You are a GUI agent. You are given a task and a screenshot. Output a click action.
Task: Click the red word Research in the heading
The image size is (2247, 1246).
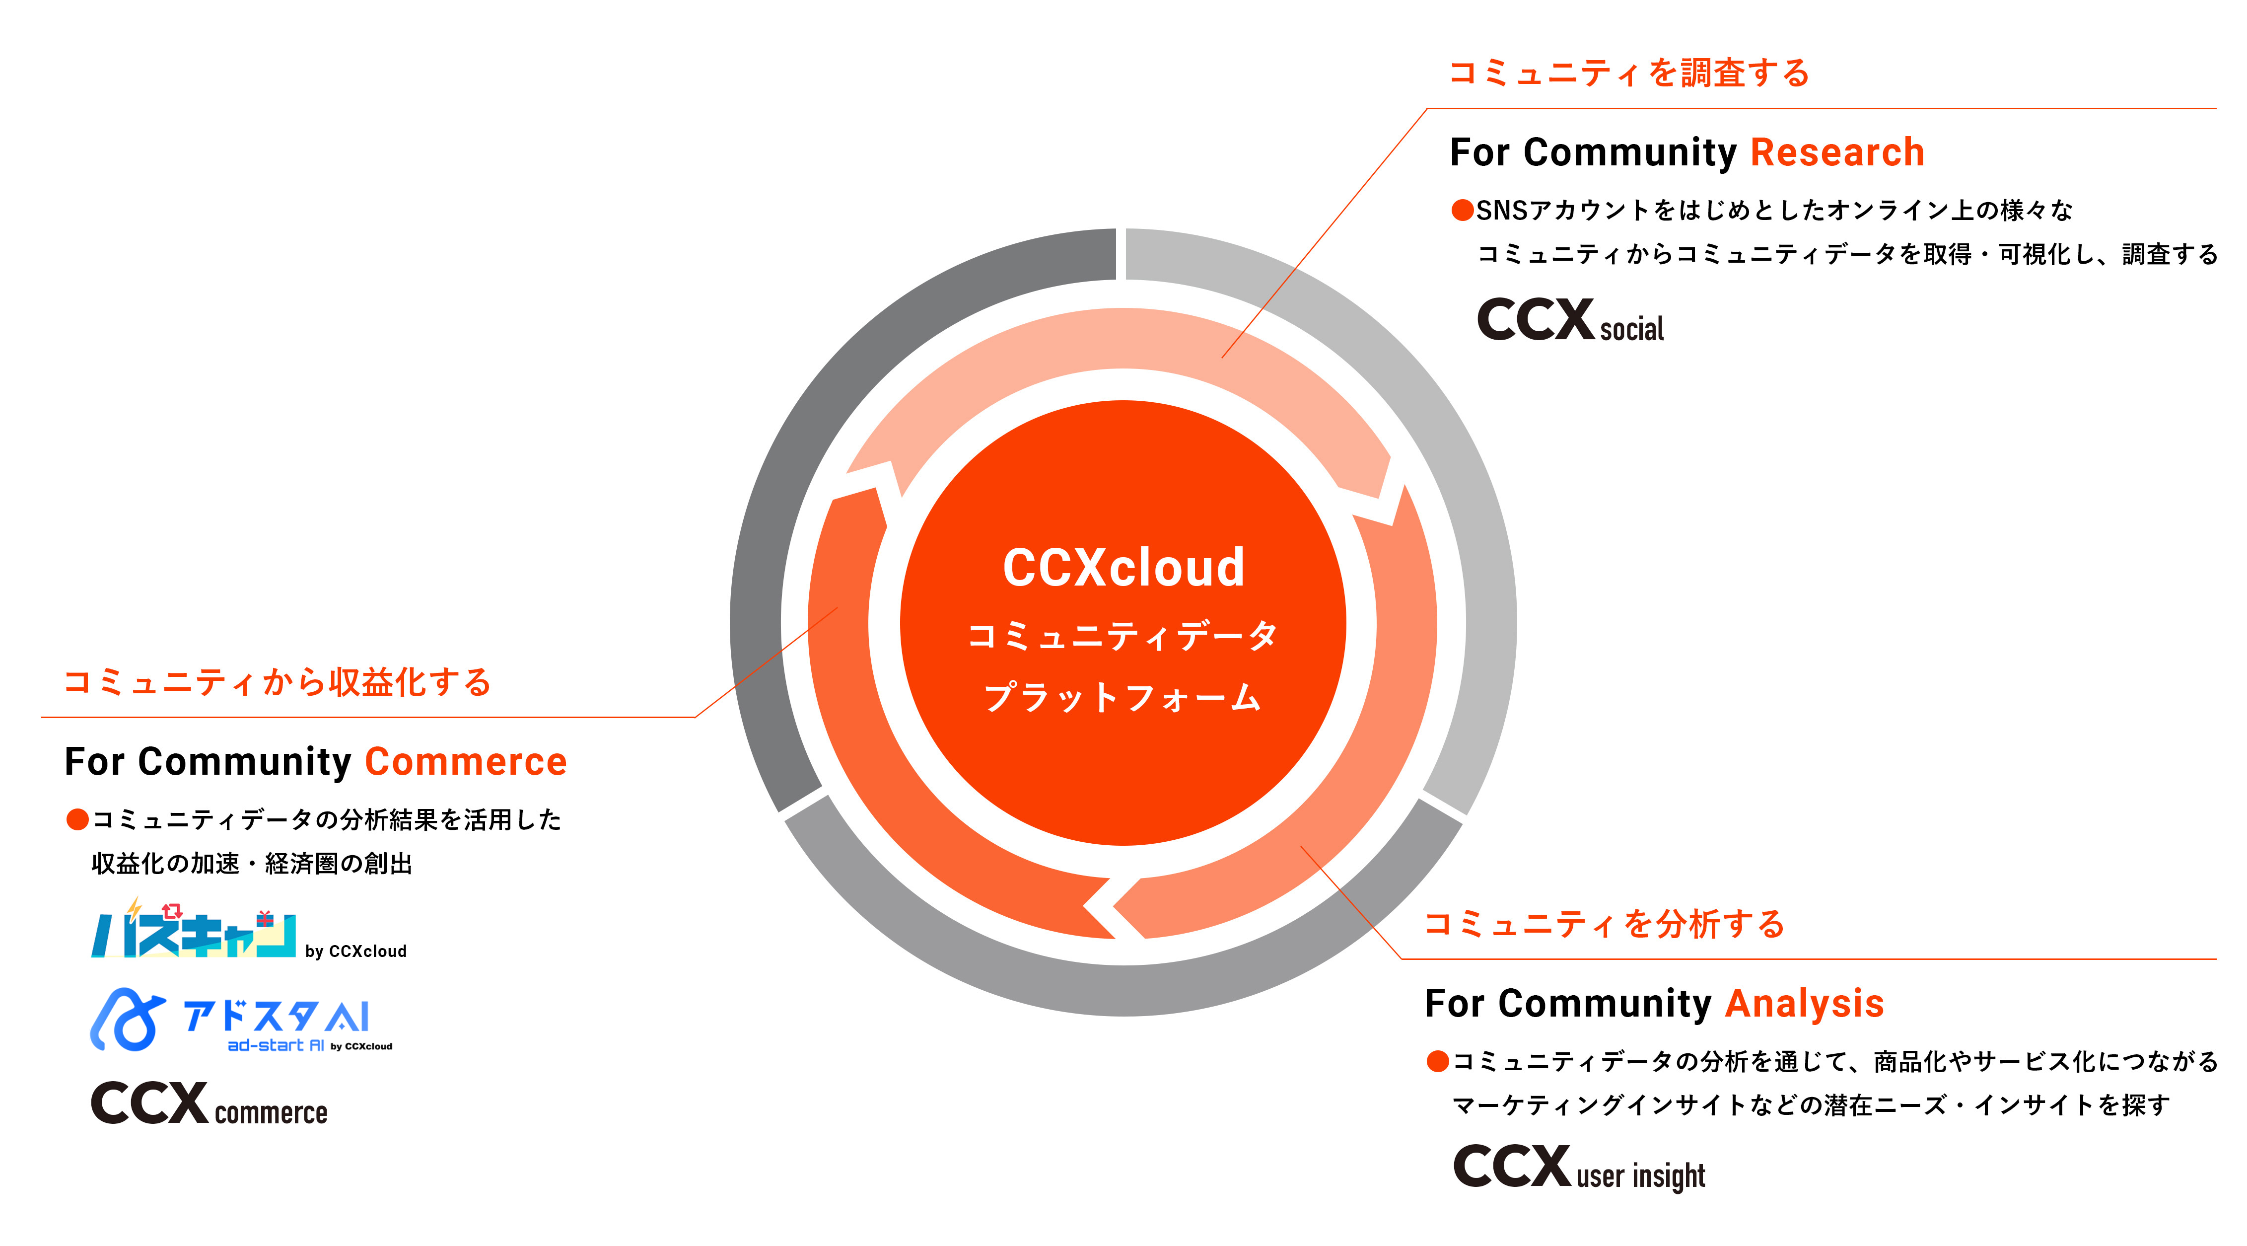click(1837, 152)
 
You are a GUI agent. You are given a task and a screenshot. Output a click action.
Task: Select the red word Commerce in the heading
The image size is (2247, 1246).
click(466, 762)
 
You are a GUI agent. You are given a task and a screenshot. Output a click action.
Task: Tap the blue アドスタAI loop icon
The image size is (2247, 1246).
click(128, 1019)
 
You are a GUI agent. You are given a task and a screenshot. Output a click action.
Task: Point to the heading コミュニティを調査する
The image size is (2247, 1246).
click(1628, 73)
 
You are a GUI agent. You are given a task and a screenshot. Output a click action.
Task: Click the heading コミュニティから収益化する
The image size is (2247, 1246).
click(278, 681)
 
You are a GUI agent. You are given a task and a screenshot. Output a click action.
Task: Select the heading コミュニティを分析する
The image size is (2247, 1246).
click(1604, 923)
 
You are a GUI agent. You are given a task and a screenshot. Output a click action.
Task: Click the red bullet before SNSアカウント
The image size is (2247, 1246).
click(1462, 210)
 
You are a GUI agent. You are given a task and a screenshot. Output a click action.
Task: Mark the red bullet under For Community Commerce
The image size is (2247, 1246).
click(77, 819)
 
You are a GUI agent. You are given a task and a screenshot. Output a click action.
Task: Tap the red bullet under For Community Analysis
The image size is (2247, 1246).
click(1438, 1061)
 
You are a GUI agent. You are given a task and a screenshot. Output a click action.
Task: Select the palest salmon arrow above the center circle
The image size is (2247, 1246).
click(1123, 340)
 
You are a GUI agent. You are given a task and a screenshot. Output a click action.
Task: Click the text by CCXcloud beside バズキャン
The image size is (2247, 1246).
click(356, 951)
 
